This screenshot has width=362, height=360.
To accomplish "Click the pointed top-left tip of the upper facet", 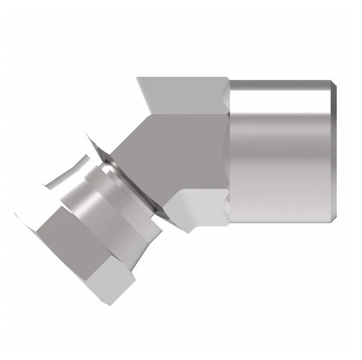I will click(137, 79).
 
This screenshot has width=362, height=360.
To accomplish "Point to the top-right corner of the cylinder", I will click(329, 81).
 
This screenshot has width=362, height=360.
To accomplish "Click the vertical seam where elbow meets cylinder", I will click(229, 152).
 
